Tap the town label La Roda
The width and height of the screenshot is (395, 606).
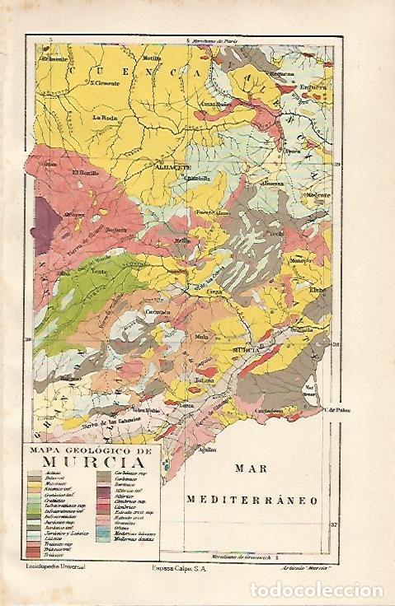[106, 117]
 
